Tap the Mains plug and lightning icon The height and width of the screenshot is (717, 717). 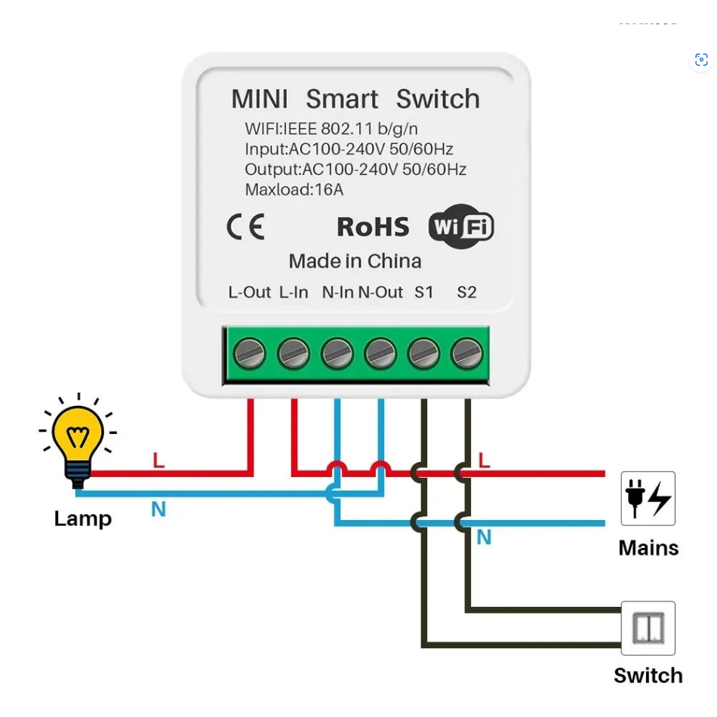click(x=648, y=498)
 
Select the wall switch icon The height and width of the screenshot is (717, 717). click(x=648, y=628)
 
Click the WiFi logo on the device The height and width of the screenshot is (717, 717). click(x=461, y=226)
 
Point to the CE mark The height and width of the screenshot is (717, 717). click(x=246, y=227)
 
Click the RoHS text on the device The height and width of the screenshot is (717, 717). click(x=373, y=227)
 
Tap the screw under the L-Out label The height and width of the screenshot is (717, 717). click(x=250, y=353)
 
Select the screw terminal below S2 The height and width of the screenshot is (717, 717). click(x=467, y=353)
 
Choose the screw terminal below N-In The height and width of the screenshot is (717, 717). click(x=337, y=353)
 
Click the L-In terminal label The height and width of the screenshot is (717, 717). click(x=294, y=292)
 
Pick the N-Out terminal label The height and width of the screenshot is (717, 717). click(x=380, y=292)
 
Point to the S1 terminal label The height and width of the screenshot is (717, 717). click(x=424, y=292)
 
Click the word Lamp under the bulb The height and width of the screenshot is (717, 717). click(x=83, y=519)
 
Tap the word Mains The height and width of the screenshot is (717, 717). click(x=648, y=548)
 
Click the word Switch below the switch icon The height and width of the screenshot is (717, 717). click(x=648, y=675)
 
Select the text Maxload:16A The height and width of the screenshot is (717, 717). click(x=294, y=189)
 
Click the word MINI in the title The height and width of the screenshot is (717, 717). click(x=260, y=99)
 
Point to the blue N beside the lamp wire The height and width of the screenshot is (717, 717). click(x=158, y=509)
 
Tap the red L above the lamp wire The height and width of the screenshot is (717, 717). click(x=158, y=460)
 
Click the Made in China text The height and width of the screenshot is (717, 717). click(x=355, y=261)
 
